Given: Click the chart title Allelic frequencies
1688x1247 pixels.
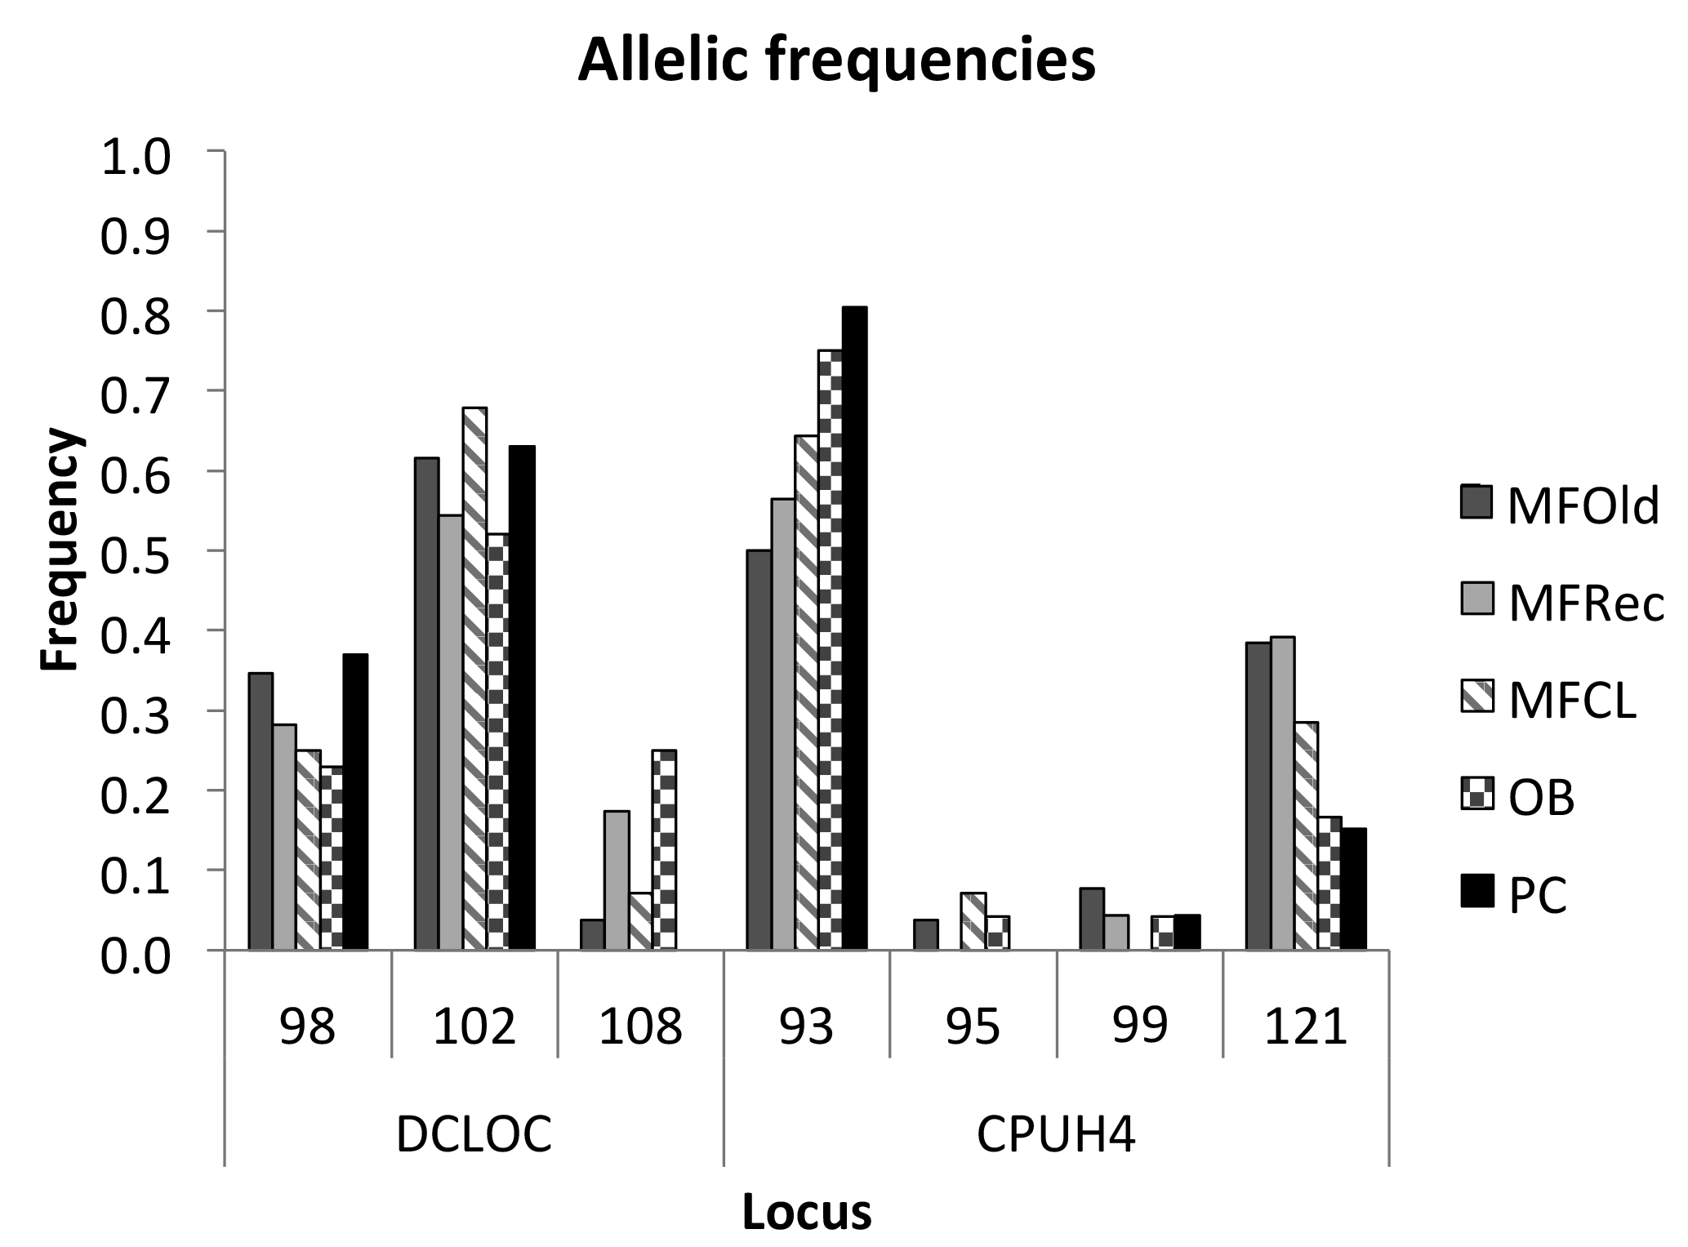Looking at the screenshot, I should (836, 60).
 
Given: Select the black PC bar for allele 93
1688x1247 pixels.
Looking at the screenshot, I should (854, 628).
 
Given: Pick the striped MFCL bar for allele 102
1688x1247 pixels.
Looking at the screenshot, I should (474, 679).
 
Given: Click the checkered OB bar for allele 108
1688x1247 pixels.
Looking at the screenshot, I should (664, 849).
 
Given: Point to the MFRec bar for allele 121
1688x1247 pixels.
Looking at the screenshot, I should (1282, 793).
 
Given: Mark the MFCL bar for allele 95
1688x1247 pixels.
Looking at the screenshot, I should (973, 921).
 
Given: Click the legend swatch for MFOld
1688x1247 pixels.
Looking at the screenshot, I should (1476, 502).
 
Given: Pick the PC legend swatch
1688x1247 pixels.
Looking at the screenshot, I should (1476, 891).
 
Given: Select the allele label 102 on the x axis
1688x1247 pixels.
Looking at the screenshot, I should (474, 1027).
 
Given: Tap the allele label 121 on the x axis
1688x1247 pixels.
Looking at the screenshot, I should (1306, 1027).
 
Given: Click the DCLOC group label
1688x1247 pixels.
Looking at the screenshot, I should (474, 1134).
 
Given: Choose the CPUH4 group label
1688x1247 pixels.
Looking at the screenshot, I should (1056, 1134).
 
